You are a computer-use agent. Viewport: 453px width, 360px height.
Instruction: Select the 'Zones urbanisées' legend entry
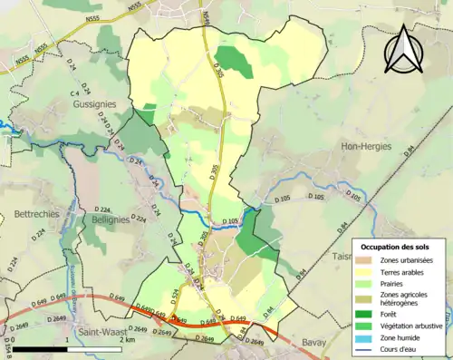(x=405, y=261)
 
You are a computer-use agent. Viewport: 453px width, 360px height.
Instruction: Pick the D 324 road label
(x=140, y=219)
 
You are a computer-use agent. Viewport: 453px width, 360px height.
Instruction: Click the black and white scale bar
(x=68, y=349)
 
